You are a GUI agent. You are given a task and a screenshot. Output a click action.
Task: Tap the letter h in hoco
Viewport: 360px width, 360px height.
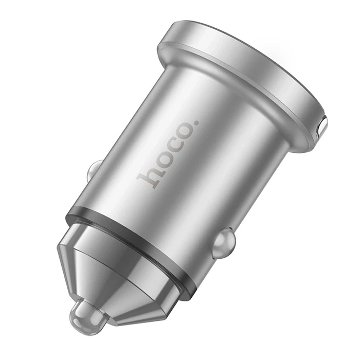click(x=149, y=176)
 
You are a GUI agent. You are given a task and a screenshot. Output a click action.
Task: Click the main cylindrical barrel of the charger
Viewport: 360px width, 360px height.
click(x=206, y=170)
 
